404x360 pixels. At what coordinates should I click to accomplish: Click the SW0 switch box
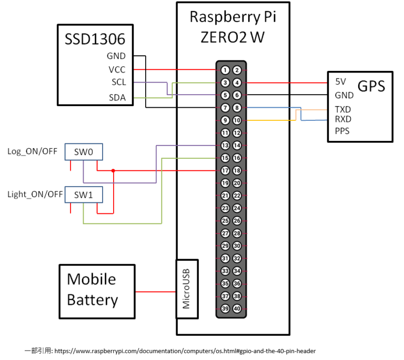pos(84,152)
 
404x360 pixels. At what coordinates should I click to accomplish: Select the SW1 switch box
pos(84,194)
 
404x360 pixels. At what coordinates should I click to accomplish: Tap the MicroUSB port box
pos(187,289)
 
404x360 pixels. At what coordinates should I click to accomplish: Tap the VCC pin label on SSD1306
pos(117,69)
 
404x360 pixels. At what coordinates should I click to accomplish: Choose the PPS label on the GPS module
pos(342,130)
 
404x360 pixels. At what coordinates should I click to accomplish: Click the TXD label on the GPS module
pos(342,109)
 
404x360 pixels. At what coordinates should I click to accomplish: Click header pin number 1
pos(225,70)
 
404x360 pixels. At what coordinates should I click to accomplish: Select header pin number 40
pos(237,308)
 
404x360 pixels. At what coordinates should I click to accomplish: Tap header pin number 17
pos(225,170)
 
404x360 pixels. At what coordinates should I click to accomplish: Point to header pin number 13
pos(225,145)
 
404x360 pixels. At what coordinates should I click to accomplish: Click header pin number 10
pos(237,120)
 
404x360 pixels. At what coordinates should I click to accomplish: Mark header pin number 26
pos(237,221)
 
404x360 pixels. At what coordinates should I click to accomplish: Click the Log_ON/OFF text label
pos(33,152)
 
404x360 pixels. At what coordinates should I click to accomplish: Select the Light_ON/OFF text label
pos(35,194)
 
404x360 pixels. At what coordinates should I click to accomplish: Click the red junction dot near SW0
pos(113,170)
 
